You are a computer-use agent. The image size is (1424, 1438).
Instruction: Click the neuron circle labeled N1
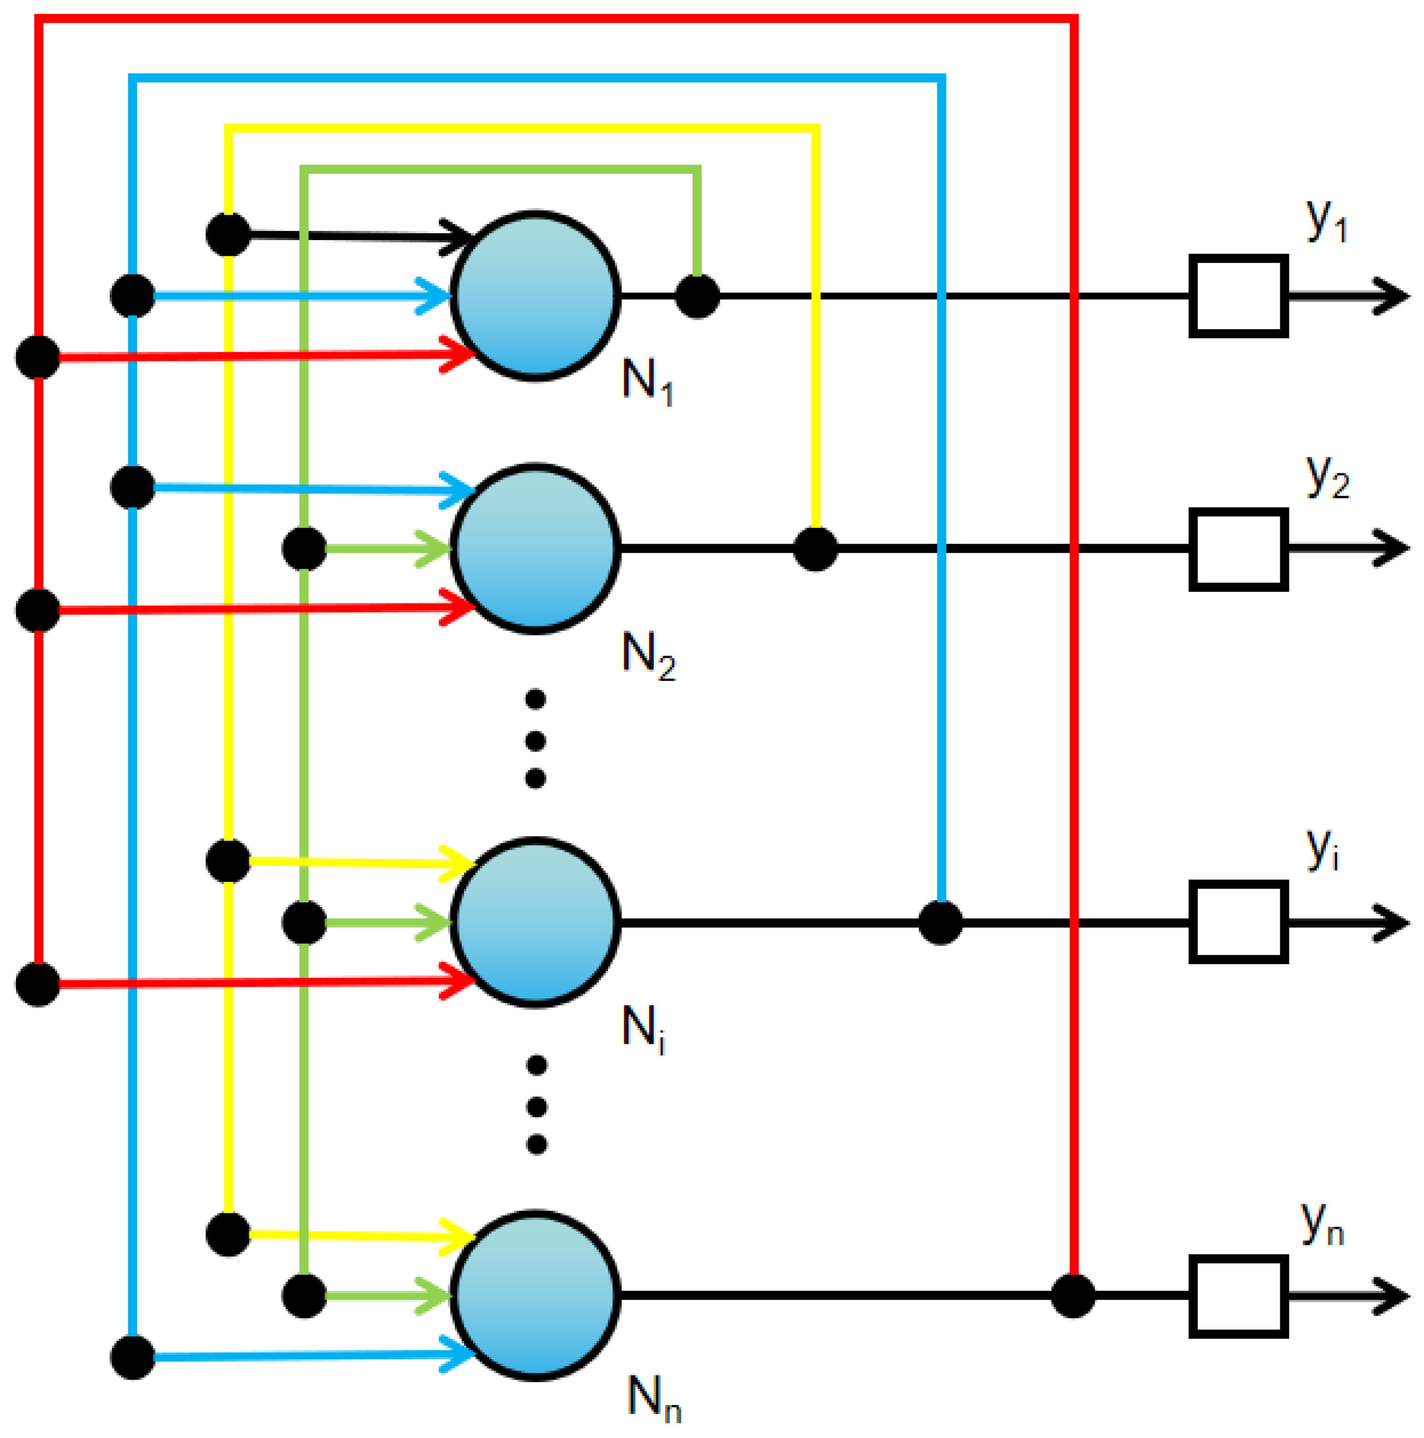[x=535, y=296]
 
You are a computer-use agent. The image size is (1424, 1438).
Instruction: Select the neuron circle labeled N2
[x=535, y=549]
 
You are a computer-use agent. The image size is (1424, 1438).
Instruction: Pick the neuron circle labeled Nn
[x=535, y=1296]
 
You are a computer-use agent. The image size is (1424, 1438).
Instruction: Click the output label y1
[x=1326, y=220]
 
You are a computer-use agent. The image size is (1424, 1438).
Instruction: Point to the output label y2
[x=1327, y=476]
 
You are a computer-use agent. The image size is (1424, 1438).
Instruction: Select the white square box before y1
[x=1238, y=296]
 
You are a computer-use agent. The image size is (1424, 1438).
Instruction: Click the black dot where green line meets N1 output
[x=697, y=296]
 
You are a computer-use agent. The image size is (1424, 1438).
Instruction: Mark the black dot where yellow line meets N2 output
[x=815, y=549]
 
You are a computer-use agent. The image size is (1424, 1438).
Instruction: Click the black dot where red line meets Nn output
[x=1073, y=1296]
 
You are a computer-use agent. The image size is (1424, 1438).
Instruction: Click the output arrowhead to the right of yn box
[x=1391, y=1296]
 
